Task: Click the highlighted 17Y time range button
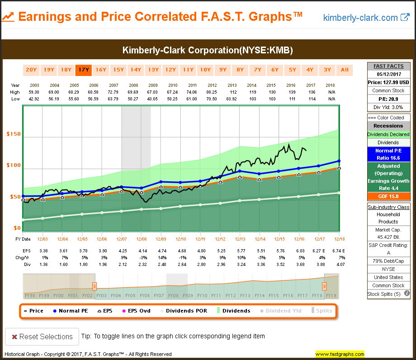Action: (83, 70)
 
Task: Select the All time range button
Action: (345, 70)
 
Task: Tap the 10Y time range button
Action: (205, 70)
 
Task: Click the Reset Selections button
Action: (39, 336)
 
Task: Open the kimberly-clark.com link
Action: (366, 18)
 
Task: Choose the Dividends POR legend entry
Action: (183, 311)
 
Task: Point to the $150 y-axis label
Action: (14, 134)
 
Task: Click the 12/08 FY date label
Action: (141, 239)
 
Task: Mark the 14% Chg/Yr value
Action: (161, 256)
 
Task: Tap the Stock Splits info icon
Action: (407, 294)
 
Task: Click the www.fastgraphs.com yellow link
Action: (340, 354)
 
